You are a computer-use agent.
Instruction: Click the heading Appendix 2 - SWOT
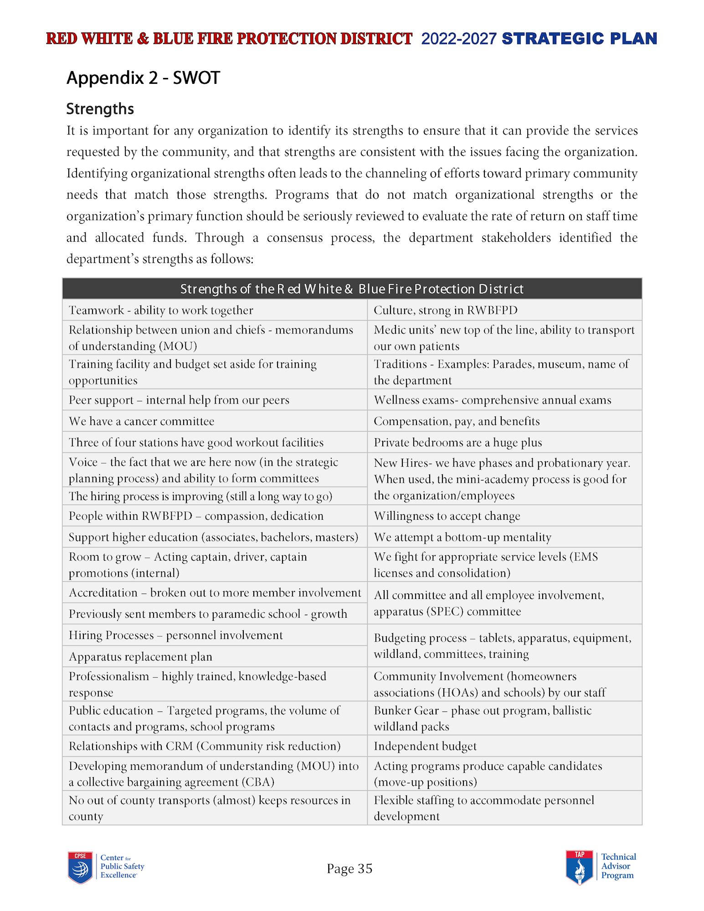point(143,78)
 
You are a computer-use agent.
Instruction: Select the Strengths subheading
point(100,109)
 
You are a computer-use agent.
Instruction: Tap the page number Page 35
point(349,869)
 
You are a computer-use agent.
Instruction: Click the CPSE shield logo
point(80,867)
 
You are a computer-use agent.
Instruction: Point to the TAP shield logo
point(579,867)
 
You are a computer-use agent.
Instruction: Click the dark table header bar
point(352,289)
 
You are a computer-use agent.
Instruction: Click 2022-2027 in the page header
point(458,39)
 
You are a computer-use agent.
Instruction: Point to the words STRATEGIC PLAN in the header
point(579,39)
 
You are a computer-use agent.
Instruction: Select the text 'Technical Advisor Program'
point(618,866)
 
